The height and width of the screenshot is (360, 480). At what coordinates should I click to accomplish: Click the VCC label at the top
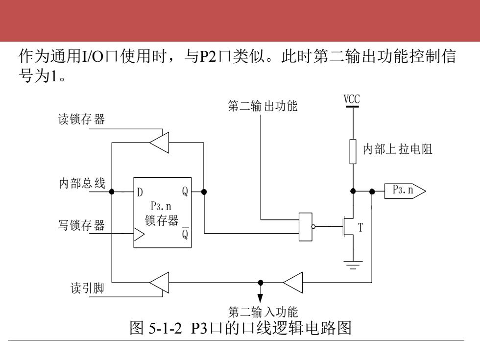tap(352, 99)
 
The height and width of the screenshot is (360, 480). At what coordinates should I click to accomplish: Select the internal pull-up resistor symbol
tap(353, 151)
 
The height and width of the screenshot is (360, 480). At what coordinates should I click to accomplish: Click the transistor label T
tap(360, 227)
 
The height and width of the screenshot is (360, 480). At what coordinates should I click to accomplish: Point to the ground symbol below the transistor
tap(353, 265)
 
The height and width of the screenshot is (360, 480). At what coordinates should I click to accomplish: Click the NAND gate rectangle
tap(306, 227)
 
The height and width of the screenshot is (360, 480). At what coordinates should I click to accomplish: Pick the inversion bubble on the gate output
tap(313, 227)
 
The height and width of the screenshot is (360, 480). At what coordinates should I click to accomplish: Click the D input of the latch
tap(140, 192)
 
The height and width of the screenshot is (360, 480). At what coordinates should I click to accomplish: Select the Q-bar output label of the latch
tap(185, 234)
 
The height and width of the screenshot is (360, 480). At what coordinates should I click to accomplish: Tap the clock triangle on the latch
tap(139, 235)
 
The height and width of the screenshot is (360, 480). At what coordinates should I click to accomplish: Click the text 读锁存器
tap(81, 119)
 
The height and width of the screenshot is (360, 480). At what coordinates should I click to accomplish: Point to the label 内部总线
tap(82, 183)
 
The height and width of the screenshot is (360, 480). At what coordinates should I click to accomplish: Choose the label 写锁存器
tap(81, 225)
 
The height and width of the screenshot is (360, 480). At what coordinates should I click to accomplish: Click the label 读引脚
tap(87, 288)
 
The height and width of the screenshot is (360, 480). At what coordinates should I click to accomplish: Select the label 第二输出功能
tap(263, 106)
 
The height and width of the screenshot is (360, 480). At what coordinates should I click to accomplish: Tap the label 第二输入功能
tap(263, 312)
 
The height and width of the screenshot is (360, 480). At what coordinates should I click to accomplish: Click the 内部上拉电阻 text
tap(397, 149)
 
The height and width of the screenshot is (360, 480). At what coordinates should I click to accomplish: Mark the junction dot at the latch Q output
tap(204, 192)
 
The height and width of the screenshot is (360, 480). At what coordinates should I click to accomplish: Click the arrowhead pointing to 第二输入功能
tap(260, 298)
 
